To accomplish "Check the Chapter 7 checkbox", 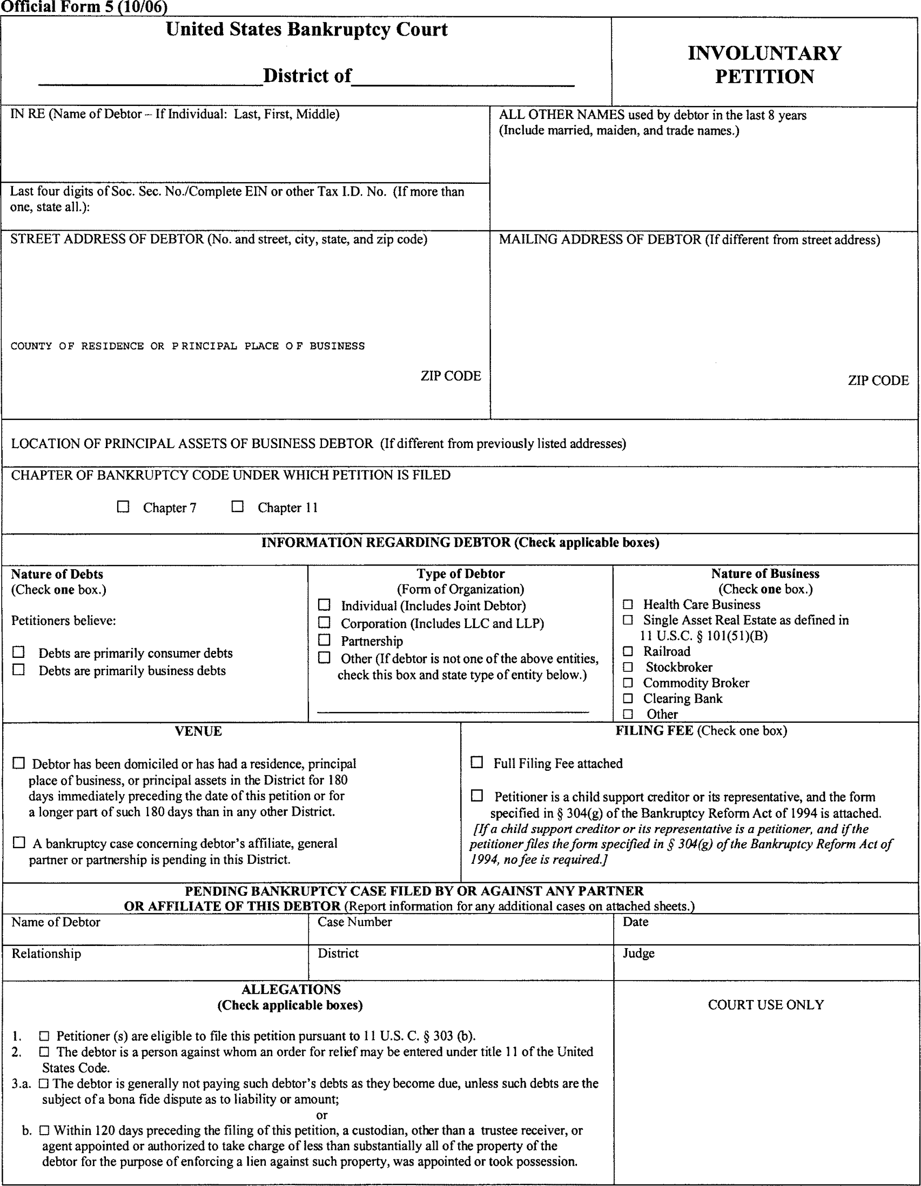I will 123,507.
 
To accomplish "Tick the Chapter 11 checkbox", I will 237,507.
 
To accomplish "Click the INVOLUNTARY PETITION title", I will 764,65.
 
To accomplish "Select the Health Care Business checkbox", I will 628,604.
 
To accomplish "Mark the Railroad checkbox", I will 628,651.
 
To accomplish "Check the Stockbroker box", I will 628,667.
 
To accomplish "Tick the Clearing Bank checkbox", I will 628,698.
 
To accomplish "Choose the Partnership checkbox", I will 324,640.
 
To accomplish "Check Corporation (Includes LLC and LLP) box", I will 324,622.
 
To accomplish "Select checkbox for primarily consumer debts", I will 19,651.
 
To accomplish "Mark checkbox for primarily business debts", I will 19,670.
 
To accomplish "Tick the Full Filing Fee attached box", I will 477,762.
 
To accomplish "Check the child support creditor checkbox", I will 477,796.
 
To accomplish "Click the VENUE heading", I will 198,731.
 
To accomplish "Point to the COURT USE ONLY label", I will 766,1004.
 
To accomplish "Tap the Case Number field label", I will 354,922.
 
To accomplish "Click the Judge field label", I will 638,953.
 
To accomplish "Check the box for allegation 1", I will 44,1036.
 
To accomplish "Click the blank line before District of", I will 150,81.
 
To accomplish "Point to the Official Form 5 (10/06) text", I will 84,7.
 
